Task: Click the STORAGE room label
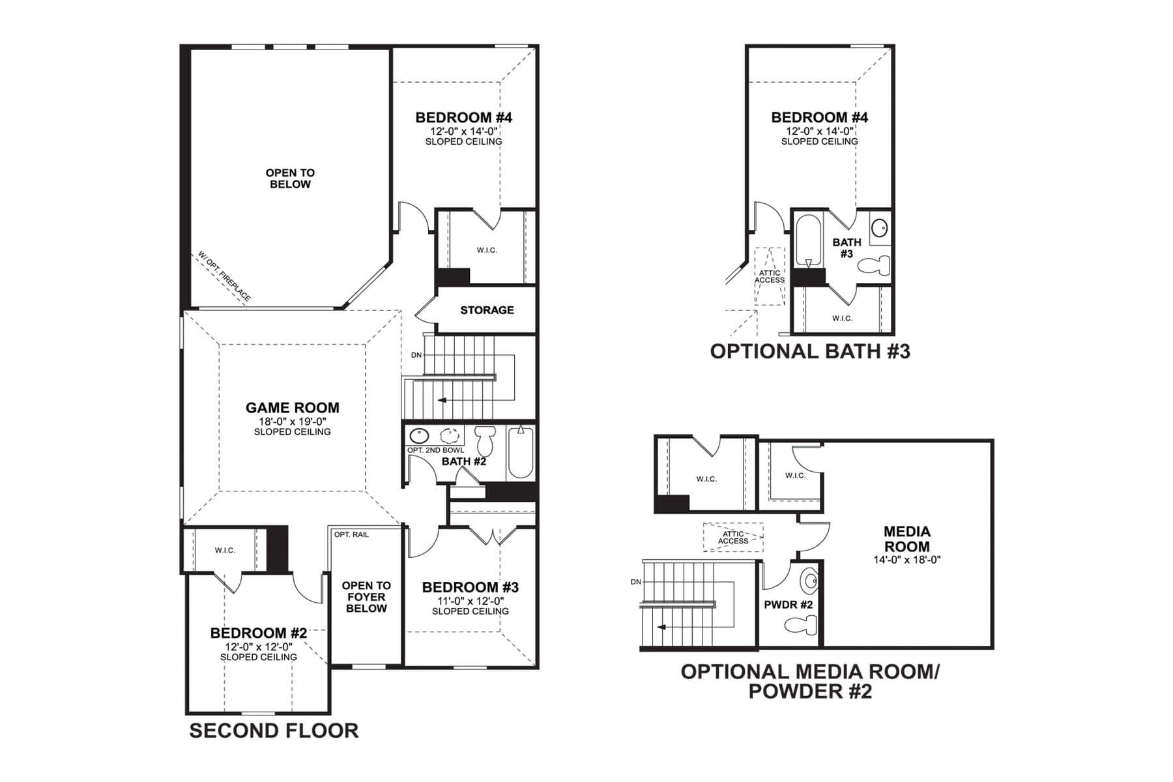(x=487, y=310)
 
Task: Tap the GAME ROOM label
(x=293, y=408)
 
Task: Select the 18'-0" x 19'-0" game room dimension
(x=293, y=421)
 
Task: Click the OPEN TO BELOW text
(x=290, y=179)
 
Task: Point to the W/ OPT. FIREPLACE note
(x=224, y=277)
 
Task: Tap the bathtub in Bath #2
(x=521, y=452)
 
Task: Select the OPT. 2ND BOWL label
(x=435, y=450)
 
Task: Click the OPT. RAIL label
(x=351, y=534)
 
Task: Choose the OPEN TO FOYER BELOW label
(x=366, y=597)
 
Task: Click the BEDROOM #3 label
(x=471, y=587)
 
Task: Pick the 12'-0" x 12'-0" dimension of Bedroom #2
(x=259, y=646)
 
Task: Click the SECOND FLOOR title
(x=274, y=731)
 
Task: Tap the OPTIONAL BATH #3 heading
(x=810, y=351)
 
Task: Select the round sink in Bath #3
(x=880, y=228)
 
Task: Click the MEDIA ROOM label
(x=907, y=539)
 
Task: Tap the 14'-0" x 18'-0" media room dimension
(x=907, y=559)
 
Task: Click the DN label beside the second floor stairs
(x=416, y=355)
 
